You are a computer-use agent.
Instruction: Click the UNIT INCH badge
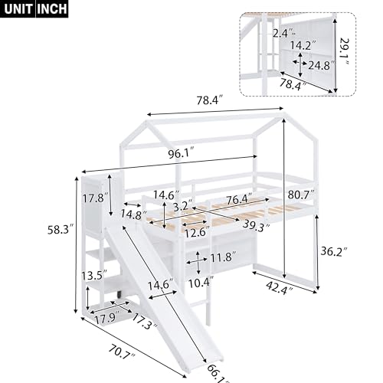point(34,10)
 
